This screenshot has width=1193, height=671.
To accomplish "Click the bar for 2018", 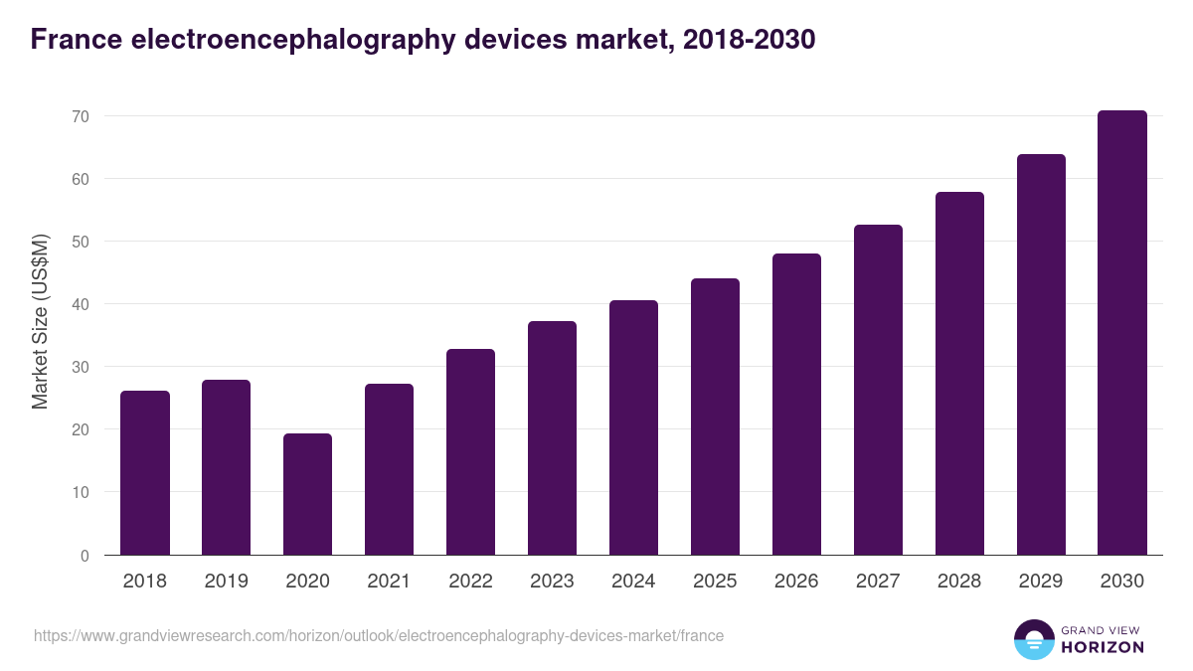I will coord(145,473).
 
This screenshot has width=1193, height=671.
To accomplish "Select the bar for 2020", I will coord(307,494).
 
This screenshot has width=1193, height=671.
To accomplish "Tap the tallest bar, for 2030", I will coord(1122,333).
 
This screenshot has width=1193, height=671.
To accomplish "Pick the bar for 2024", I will coord(633,427).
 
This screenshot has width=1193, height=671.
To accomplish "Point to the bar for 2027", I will coord(878,390).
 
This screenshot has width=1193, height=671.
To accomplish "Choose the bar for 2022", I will coord(470,452).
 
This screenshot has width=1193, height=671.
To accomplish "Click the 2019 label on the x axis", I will coord(227,582).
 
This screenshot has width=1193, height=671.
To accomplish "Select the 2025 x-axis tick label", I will coord(715,582).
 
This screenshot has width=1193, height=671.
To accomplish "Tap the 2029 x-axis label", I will coord(1041,582).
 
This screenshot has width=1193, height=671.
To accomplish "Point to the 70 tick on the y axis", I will coord(81,116).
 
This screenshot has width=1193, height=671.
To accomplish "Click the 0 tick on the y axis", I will coord(85,555).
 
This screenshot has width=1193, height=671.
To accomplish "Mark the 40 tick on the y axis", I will coord(81,304).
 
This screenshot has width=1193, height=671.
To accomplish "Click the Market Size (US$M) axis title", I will coord(40,322).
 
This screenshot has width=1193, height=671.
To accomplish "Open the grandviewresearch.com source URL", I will coord(379,635).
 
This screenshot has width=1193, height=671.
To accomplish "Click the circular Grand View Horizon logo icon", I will coord(1034,639).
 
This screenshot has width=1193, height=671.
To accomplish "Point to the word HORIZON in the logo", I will coord(1103,647).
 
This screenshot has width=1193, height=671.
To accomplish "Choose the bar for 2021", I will coord(389,469).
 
